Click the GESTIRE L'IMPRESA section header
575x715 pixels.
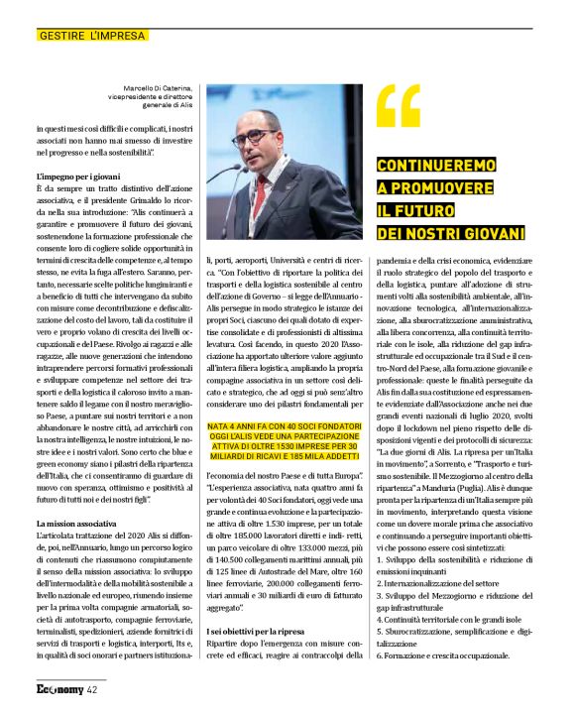[91, 36]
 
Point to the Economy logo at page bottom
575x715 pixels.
[59, 689]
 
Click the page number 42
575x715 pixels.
[92, 689]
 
